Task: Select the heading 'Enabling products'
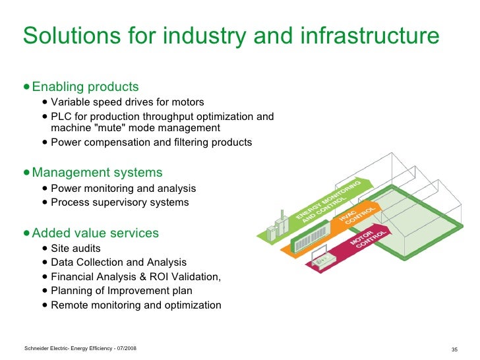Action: (x=85, y=87)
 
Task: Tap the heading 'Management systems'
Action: (x=97, y=173)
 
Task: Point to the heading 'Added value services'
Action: (x=95, y=233)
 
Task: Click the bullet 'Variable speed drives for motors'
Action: (x=127, y=102)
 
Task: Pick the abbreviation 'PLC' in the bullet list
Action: (x=61, y=117)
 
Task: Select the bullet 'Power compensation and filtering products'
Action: (x=151, y=142)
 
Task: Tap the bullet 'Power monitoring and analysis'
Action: (x=123, y=189)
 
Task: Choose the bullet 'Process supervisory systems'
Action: (x=120, y=202)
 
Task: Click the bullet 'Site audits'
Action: (x=76, y=249)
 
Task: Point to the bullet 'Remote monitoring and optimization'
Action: (x=136, y=305)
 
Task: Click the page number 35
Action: (x=454, y=348)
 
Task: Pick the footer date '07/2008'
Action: (x=124, y=347)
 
